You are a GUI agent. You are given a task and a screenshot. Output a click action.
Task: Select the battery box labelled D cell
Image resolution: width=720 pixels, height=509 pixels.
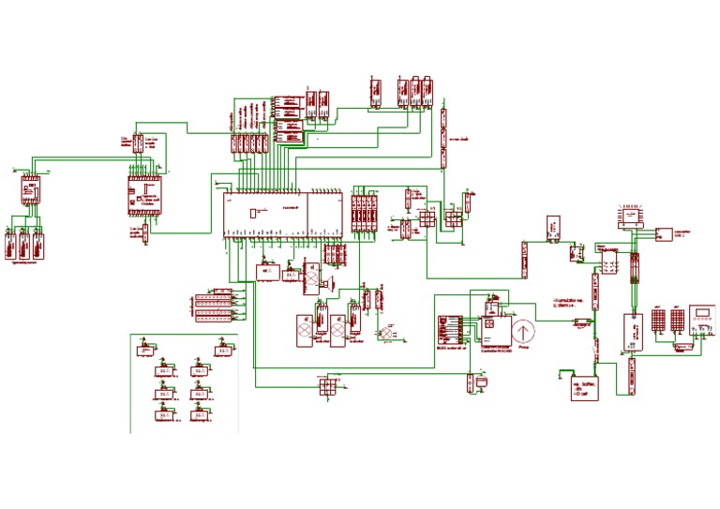coord(585,388)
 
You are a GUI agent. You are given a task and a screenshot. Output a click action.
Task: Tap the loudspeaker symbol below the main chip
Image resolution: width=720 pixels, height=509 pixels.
coord(331,281)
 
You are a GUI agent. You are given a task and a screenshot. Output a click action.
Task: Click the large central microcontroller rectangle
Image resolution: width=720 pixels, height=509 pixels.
coord(281,215)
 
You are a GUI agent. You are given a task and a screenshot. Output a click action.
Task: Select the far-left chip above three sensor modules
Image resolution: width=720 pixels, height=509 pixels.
coord(28,191)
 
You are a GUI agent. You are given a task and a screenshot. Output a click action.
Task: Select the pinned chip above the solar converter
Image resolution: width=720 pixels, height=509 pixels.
coord(632,217)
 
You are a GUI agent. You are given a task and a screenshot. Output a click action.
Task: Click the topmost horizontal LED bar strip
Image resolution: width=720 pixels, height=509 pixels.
coord(214,291)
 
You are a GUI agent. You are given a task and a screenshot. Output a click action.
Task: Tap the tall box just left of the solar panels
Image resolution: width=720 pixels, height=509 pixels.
coord(633,331)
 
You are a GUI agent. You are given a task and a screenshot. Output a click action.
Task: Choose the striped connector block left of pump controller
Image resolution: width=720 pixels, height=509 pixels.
coord(450,330)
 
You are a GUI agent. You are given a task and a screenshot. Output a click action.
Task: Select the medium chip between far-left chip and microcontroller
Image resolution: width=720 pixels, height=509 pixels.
coord(145,196)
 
